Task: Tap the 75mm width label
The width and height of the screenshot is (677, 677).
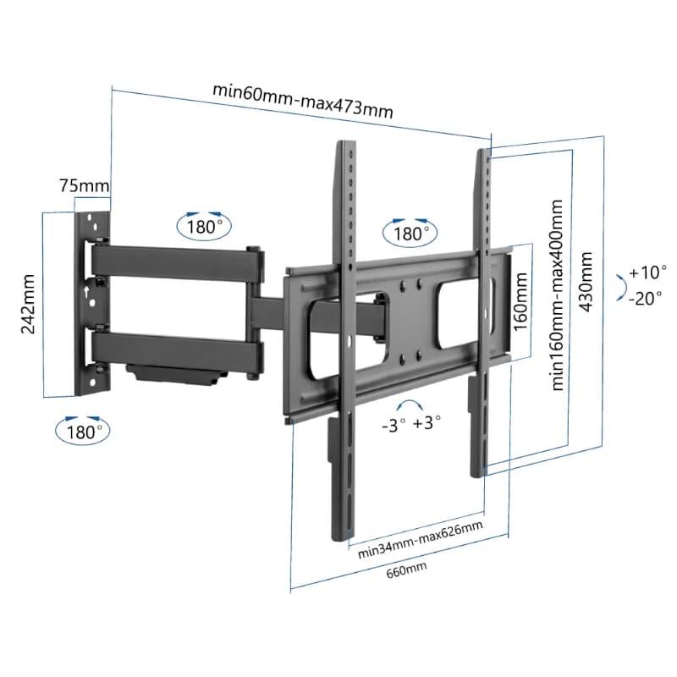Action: click(84, 185)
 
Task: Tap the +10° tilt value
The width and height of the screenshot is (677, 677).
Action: click(647, 272)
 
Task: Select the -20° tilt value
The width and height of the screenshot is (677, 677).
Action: click(647, 297)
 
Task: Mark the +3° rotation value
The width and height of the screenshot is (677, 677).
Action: click(427, 423)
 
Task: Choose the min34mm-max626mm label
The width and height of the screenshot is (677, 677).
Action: click(420, 550)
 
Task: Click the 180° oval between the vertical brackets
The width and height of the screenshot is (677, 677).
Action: click(409, 230)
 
